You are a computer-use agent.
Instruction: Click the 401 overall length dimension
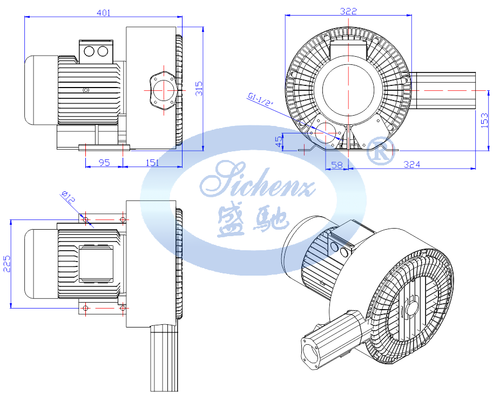pos(104,12)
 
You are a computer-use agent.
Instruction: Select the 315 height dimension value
pos(199,89)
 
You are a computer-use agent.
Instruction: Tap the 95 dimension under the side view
pos(104,163)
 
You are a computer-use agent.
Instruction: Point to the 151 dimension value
pos(152,163)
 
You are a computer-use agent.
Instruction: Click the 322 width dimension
pos(348,11)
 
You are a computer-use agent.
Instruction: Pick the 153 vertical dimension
pos(484,120)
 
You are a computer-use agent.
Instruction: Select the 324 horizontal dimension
pos(411,164)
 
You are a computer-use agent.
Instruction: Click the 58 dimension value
pos(337,165)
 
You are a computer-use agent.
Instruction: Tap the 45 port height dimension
pos(279,142)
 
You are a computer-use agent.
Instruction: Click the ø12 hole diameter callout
pos(68,197)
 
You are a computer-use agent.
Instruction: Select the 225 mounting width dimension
pos(7,264)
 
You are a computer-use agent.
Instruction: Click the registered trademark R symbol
pos(380,150)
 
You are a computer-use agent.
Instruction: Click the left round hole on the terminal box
pos(89,51)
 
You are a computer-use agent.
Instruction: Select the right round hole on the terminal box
pos(103,51)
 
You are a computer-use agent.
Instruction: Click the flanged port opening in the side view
pos(164,90)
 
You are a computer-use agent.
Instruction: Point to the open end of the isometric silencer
pos(310,353)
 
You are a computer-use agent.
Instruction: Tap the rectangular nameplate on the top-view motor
pos(96,264)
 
